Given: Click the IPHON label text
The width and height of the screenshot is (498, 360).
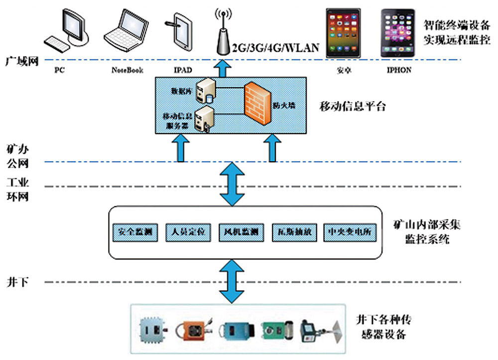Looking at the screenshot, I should click(399, 70).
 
